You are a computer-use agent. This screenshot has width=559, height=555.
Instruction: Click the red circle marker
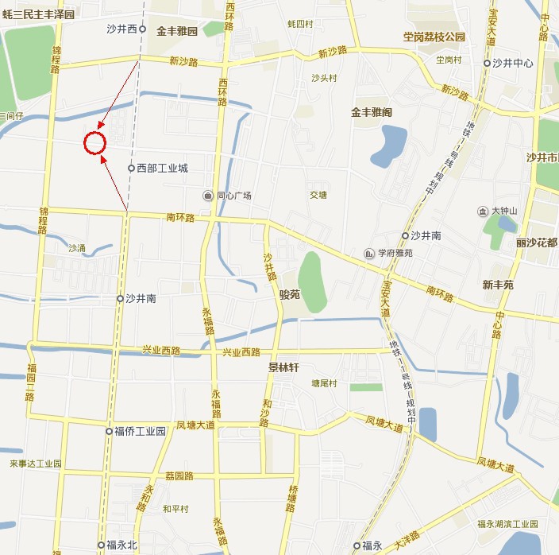click(x=94, y=142)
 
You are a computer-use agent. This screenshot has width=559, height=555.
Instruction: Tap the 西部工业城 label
click(x=162, y=168)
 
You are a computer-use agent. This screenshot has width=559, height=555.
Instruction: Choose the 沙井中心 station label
click(x=512, y=63)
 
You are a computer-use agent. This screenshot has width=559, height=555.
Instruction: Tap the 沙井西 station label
click(x=122, y=29)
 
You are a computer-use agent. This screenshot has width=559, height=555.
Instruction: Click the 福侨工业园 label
click(x=140, y=431)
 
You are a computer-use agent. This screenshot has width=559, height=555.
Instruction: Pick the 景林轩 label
click(x=283, y=368)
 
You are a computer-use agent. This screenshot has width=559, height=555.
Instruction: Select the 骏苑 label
click(x=289, y=293)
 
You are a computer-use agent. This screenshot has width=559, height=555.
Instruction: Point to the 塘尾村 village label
click(x=324, y=383)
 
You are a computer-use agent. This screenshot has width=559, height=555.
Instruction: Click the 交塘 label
click(x=318, y=194)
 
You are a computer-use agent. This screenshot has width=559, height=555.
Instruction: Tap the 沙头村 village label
click(x=324, y=78)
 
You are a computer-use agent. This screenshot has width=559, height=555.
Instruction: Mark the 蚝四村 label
click(x=302, y=24)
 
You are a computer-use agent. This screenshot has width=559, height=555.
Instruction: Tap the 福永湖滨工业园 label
click(x=507, y=524)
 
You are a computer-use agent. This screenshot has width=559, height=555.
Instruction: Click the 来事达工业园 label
click(x=35, y=463)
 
